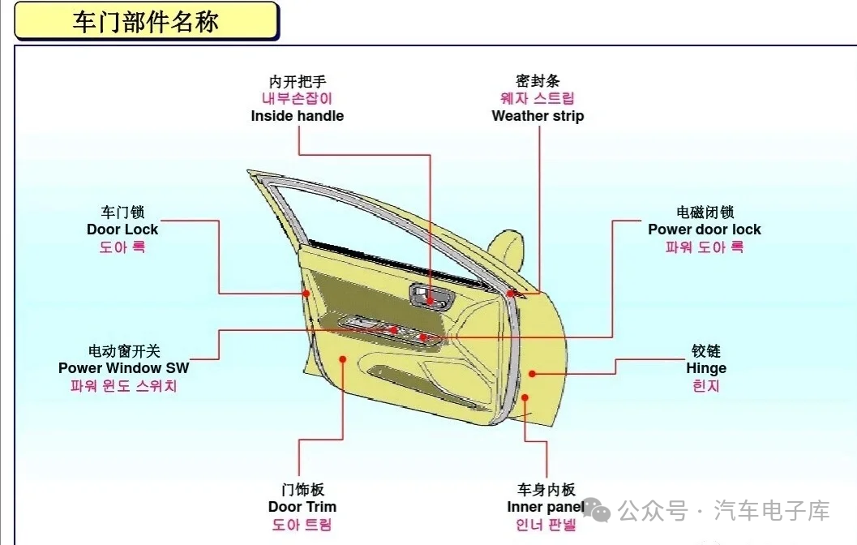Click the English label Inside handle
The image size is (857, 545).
click(298, 116)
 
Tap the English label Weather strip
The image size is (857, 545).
click(538, 116)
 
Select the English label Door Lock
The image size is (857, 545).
click(122, 230)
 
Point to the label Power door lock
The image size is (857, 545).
click(705, 230)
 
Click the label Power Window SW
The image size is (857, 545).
click(123, 368)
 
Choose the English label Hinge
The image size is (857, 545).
click(706, 368)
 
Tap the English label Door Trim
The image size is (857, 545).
click(302, 507)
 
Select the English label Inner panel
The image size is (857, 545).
click(546, 507)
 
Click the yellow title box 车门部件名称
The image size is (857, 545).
click(147, 21)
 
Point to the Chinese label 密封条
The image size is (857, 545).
click(538, 81)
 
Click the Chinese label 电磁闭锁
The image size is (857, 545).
click(705, 212)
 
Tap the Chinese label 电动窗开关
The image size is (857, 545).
click(124, 351)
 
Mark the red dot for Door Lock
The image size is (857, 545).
click(306, 294)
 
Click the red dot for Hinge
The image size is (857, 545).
click(532, 374)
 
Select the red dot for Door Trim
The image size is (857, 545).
click(343, 359)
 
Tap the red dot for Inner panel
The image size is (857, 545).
click(525, 397)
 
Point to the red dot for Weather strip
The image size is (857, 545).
click(510, 294)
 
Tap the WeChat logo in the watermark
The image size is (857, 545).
click(597, 511)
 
